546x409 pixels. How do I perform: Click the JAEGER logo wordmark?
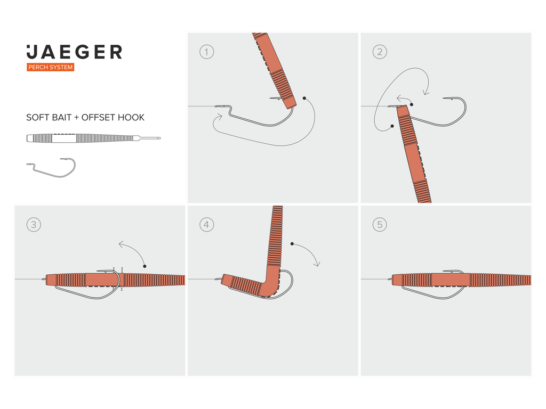[74, 52]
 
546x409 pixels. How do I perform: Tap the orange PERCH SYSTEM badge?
[51, 67]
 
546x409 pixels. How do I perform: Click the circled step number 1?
[206, 52]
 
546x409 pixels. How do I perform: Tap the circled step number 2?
[380, 52]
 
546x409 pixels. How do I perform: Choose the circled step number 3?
[34, 225]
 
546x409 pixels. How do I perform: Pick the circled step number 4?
[206, 225]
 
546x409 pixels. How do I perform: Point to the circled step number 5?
[380, 225]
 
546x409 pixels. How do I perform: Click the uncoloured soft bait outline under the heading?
[93, 138]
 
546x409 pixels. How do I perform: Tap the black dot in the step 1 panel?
[304, 99]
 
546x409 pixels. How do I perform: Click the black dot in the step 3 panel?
[145, 266]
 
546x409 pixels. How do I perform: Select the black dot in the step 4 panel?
[292, 244]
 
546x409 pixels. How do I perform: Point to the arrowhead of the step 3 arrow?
[121, 244]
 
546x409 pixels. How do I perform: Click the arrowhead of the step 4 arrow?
[317, 264]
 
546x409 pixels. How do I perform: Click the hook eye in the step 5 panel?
[390, 279]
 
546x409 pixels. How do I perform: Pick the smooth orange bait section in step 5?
[451, 280]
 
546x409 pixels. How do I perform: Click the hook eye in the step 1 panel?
[218, 106]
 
